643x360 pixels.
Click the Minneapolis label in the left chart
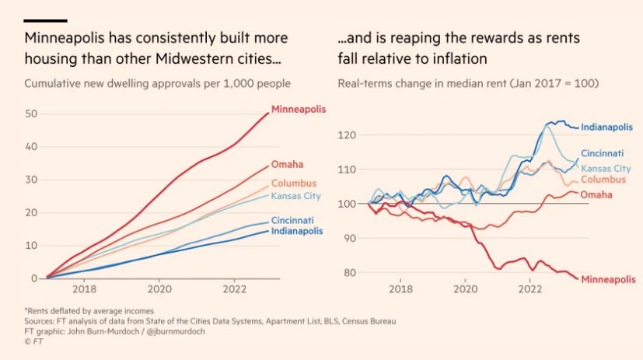tap(299, 110)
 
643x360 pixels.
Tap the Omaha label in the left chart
tap(287, 164)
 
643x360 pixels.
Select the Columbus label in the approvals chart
tap(294, 183)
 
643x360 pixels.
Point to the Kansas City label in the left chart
tap(295, 196)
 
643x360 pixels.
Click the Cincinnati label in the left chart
tap(292, 220)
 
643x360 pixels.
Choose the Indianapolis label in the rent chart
tap(606, 127)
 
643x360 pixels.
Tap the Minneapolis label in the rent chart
tap(608, 280)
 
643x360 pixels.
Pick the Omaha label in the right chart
tap(596, 194)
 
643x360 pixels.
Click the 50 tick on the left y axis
tap(31, 114)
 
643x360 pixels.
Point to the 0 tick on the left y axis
tap(34, 278)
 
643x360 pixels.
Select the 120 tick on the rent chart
tap(347, 135)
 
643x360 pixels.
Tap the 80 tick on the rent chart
tap(350, 273)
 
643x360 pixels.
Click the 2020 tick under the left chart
tap(159, 289)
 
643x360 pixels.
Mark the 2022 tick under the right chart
tap(529, 289)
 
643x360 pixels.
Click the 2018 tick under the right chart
tap(400, 289)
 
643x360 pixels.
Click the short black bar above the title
tap(46, 20)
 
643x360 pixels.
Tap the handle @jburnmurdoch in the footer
tap(176, 331)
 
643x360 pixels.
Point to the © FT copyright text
tap(33, 341)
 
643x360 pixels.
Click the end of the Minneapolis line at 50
tap(268, 113)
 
